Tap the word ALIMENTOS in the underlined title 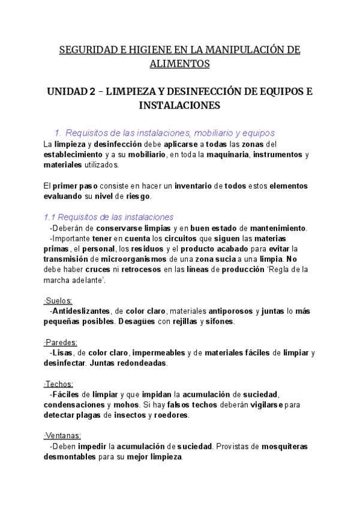(180, 63)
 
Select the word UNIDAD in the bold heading (67, 92)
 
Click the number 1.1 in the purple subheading (51, 217)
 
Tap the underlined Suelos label (58, 300)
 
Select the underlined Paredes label (61, 342)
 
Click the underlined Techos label (59, 384)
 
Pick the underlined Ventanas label (62, 436)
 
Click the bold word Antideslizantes (81, 311)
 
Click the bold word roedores (171, 415)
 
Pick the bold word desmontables (71, 457)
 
